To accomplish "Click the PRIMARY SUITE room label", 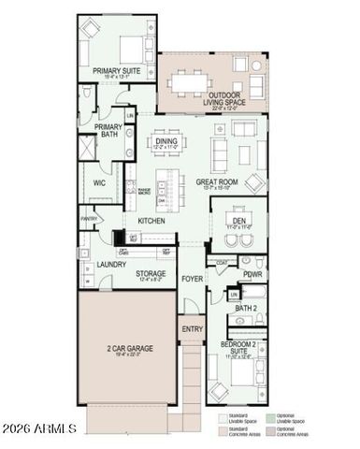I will tap(117, 71).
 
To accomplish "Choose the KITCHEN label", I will tap(152, 220).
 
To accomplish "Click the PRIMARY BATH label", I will tap(108, 131).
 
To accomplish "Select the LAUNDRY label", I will tap(111, 266).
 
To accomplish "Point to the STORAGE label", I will tap(151, 274).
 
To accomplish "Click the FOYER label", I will tap(192, 279).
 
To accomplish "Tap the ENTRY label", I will tap(191, 329).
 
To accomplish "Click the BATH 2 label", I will tap(245, 308).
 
